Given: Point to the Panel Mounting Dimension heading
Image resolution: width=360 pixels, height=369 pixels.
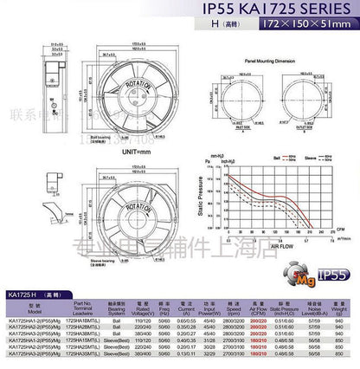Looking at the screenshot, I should coord(261,62).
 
